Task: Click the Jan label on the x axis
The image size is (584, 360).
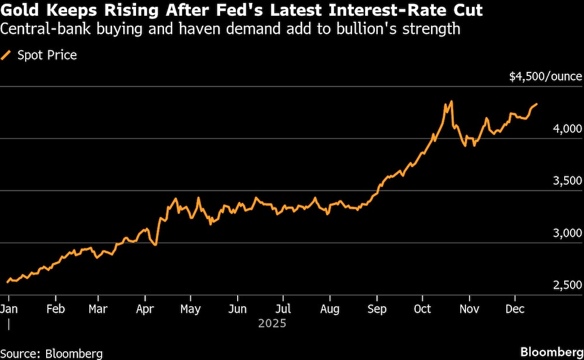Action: click(x=9, y=309)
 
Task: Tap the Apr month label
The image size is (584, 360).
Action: click(x=144, y=309)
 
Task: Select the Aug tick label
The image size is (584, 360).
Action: click(x=330, y=309)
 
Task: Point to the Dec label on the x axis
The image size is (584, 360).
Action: click(x=514, y=309)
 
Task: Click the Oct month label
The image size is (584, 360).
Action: click(x=423, y=309)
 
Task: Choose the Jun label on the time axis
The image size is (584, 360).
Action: click(x=237, y=309)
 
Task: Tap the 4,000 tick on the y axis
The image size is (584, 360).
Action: click(x=567, y=129)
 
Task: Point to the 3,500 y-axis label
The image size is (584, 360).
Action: click(x=567, y=181)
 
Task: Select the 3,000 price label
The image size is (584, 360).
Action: click(x=567, y=233)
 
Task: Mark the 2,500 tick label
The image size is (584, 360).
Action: click(x=567, y=285)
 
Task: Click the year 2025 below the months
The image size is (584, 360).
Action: click(x=272, y=323)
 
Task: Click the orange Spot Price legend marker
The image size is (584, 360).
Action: click(x=6, y=56)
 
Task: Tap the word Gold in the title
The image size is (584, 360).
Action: click(x=19, y=11)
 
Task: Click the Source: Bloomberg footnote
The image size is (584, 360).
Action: click(x=51, y=353)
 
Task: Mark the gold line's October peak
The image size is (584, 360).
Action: click(x=451, y=102)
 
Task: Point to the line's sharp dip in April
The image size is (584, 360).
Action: click(x=155, y=244)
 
